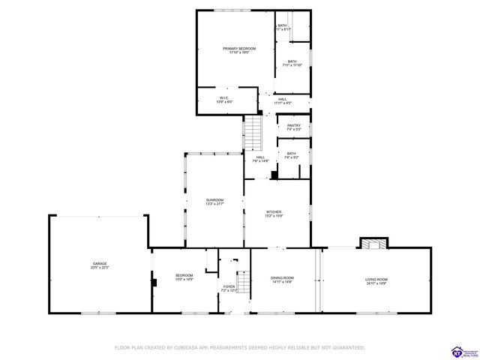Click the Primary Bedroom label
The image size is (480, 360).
(235, 49)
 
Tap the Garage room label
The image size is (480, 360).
(100, 264)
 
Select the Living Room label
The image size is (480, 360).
(376, 279)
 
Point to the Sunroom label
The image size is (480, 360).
(215, 199)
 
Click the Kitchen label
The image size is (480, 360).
(274, 213)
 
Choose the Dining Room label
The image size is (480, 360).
(282, 278)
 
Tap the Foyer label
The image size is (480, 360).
(229, 286)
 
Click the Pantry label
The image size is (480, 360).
(294, 125)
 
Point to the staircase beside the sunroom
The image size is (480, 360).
(255, 133)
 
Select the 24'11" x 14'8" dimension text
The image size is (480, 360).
(376, 283)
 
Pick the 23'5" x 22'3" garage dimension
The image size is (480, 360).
(100, 268)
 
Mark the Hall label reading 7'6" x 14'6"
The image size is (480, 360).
(260, 161)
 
